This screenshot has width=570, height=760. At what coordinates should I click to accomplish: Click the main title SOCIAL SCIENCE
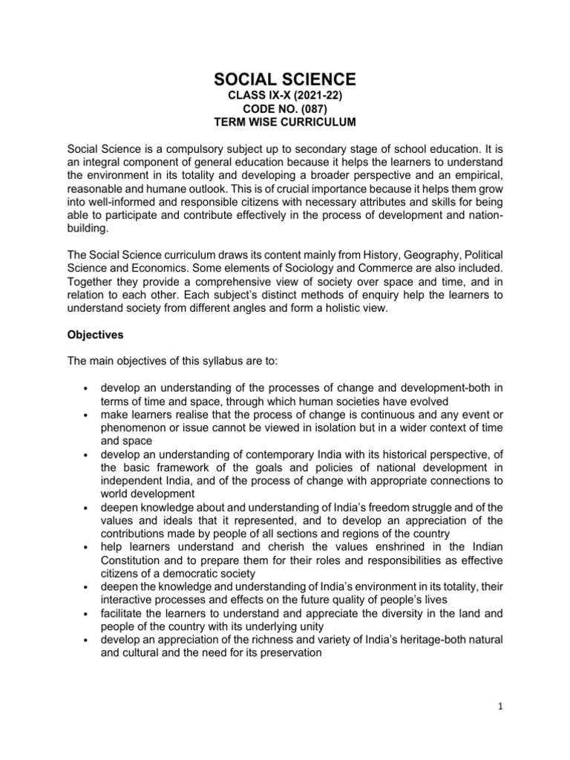pos(285,79)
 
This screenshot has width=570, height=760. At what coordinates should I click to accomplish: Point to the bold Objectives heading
pos(95,335)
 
